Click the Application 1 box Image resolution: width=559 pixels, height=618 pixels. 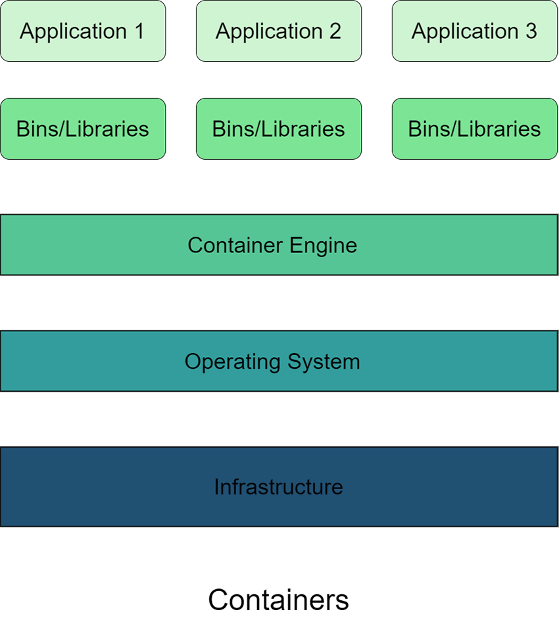[x=82, y=31]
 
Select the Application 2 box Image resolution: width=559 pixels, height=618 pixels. [x=278, y=31]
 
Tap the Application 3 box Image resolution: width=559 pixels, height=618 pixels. [x=474, y=31]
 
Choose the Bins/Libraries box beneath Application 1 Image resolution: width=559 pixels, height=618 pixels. [x=82, y=129]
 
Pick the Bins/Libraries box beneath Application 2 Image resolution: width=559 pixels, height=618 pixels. [x=278, y=129]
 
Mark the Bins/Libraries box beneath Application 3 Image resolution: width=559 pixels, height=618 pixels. [x=474, y=129]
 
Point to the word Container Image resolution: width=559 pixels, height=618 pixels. [x=227, y=245]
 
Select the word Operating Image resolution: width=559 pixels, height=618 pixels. [x=226, y=362]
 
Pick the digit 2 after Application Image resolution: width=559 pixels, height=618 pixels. [x=335, y=31]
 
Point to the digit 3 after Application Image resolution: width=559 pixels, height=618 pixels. [x=531, y=31]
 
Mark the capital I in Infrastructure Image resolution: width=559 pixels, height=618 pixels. [x=217, y=487]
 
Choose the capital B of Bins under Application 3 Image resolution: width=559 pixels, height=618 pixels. [x=414, y=129]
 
